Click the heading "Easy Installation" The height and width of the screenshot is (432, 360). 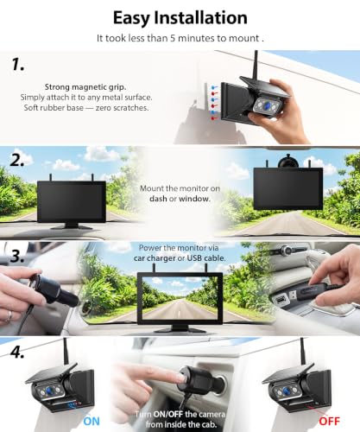pos(180,18)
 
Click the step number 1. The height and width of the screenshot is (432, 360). pos(18,64)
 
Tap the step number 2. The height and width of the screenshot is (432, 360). pos(17,160)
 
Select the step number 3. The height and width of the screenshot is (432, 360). pos(17,256)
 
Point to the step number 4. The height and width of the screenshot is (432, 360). pos(17,352)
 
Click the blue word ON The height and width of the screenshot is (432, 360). pos(92,422)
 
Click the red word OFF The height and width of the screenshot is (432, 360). pos(329,422)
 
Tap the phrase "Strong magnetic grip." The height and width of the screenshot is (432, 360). pos(85,87)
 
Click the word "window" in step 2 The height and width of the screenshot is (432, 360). pos(193,199)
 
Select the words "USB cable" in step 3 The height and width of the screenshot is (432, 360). pos(205,258)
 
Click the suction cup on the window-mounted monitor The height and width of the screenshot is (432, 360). pos(287,162)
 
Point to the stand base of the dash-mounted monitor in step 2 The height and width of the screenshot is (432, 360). pos(72,226)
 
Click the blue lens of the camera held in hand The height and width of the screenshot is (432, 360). pos(268,105)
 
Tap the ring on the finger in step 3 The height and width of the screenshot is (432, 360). pos(9,316)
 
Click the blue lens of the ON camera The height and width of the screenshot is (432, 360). pos(51,391)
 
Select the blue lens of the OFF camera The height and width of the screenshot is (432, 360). pos(287,391)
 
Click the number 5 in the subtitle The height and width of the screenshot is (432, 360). pos(173,38)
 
